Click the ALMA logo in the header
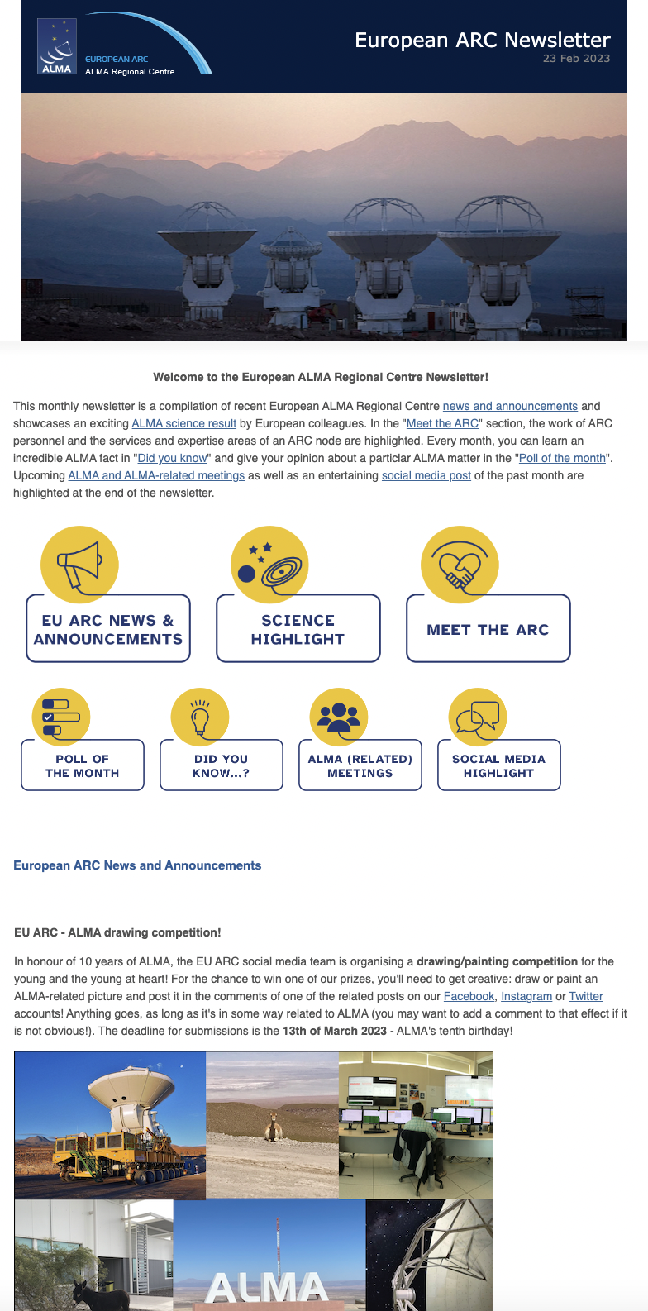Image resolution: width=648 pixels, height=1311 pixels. (57, 46)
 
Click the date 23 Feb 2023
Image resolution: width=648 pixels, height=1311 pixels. (576, 59)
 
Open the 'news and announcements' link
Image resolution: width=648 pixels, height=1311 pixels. (510, 406)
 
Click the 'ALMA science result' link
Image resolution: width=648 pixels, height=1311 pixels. (184, 423)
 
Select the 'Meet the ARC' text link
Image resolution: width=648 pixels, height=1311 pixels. (442, 423)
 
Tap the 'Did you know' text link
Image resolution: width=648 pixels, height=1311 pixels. (172, 458)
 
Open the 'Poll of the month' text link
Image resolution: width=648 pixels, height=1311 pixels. (562, 458)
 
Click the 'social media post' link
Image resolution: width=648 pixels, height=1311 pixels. (426, 475)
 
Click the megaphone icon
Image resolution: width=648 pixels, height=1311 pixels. (79, 565)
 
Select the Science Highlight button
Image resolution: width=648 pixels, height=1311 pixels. (298, 629)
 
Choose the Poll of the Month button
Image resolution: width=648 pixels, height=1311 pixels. (83, 765)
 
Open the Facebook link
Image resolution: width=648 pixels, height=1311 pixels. (469, 996)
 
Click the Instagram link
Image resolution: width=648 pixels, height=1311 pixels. (526, 996)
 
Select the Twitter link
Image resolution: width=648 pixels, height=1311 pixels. (586, 996)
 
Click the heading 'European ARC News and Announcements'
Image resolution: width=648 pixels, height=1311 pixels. (137, 865)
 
